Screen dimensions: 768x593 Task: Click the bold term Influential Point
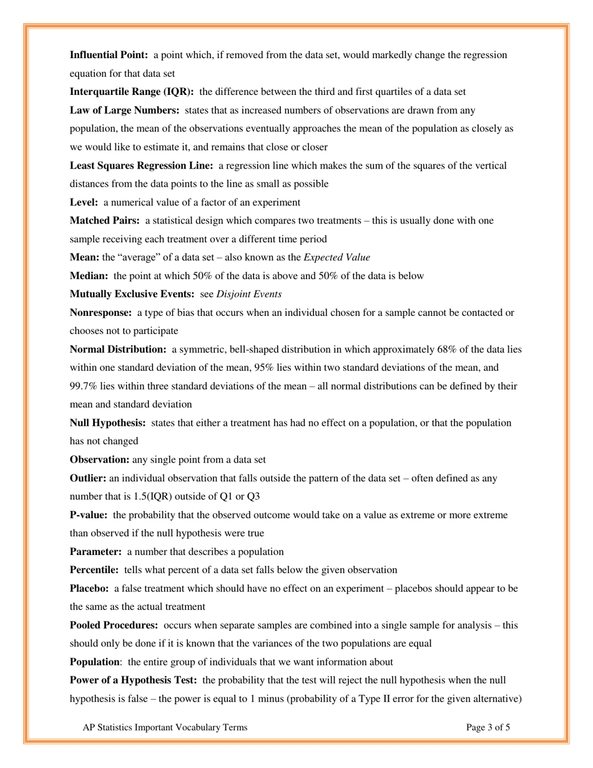coord(109,55)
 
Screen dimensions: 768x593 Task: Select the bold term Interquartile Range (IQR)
coord(131,92)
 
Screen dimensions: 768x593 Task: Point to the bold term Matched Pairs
coord(104,220)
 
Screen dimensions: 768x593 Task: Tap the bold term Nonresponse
coord(100,312)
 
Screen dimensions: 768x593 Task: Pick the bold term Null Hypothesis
coord(107,423)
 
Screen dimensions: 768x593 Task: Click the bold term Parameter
coord(96,552)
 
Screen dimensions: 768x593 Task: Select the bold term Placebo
coord(89,589)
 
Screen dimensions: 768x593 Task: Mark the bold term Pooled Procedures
coord(115,625)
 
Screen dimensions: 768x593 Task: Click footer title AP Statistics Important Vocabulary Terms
coord(165,727)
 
